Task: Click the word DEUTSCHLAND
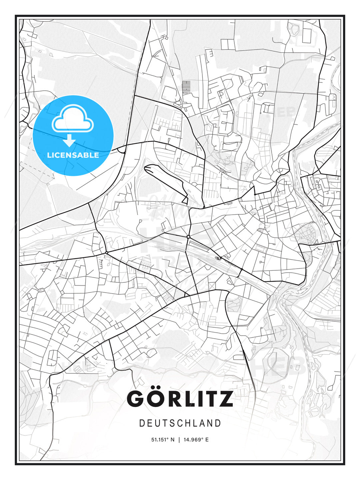coord(180,423)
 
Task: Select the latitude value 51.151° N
coord(163,440)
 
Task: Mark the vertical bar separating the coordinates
coord(179,440)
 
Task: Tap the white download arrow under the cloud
coord(69,141)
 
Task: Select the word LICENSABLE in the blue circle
coord(73,155)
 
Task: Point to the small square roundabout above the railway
coord(188,237)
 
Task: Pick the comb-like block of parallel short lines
coord(186,86)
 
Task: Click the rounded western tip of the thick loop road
coord(147,168)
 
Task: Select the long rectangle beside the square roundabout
coord(199,246)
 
